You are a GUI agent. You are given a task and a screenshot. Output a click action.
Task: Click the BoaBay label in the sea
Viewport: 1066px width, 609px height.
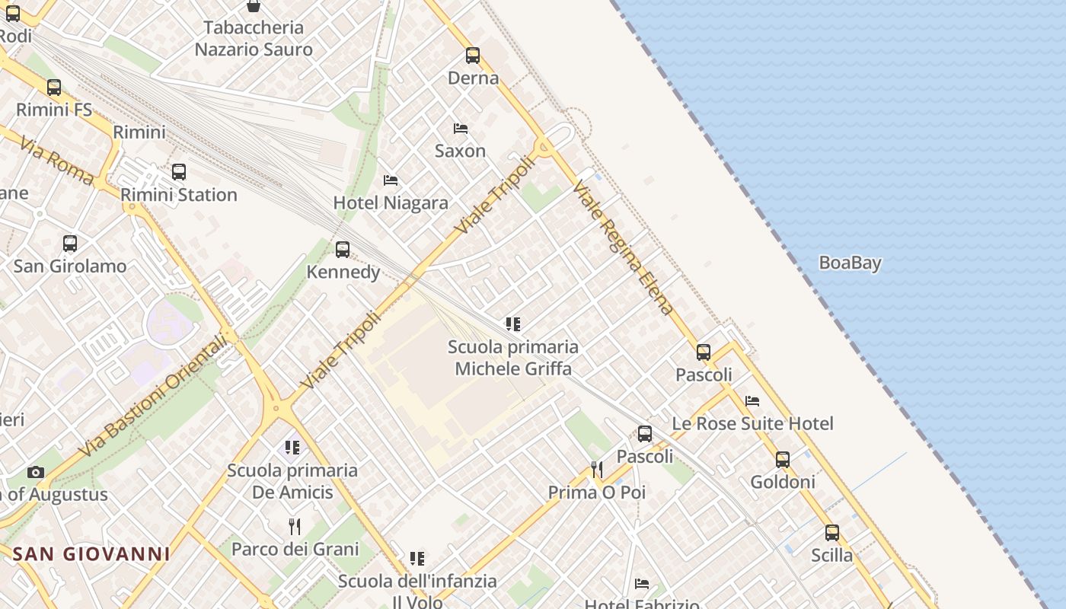(850, 263)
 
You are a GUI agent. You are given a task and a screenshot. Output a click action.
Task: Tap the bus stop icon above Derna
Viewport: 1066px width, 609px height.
(473, 56)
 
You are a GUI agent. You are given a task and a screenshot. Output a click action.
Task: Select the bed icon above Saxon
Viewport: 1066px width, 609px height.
(461, 129)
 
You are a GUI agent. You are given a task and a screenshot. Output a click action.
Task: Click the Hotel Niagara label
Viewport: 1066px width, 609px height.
(391, 203)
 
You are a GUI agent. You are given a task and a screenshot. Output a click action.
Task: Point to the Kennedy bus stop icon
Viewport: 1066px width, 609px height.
(343, 250)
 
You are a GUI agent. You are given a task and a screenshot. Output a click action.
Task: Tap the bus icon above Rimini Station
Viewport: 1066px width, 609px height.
(179, 172)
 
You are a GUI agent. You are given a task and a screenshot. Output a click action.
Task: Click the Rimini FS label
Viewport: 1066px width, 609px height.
(54, 110)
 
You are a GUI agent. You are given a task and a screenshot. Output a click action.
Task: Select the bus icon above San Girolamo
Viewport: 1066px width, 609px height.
(70, 244)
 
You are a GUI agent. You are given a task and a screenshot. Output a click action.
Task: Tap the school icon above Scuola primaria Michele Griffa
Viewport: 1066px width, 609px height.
(513, 325)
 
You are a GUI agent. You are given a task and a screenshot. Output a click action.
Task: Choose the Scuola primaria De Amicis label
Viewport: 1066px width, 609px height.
(292, 481)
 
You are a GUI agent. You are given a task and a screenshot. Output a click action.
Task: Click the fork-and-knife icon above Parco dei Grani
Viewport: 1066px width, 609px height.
(295, 526)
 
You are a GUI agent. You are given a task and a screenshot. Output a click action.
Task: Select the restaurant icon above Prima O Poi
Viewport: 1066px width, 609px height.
(597, 470)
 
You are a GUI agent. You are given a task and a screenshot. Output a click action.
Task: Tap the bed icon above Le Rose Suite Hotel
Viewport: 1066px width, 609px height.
(752, 401)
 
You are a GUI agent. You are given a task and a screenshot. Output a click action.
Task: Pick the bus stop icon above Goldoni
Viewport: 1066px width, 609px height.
(783, 460)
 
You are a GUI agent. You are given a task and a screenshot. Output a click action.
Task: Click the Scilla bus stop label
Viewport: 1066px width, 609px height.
(831, 556)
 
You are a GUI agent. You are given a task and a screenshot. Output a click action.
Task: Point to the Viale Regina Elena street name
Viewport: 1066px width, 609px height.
(623, 248)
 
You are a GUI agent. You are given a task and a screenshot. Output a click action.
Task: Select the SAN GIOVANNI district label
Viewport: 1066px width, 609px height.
(91, 554)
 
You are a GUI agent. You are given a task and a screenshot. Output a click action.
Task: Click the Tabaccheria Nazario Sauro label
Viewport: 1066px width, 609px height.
(254, 39)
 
